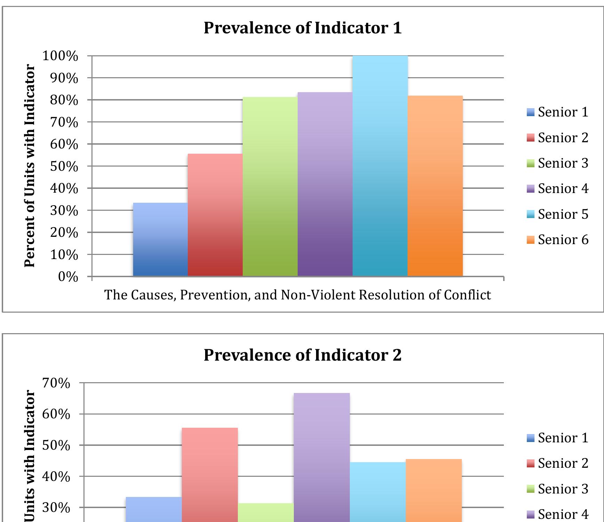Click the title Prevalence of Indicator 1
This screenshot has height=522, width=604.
303,28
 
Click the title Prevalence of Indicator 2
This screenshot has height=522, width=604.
303,355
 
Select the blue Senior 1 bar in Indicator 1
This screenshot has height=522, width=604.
160,240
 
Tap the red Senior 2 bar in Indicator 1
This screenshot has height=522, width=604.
215,216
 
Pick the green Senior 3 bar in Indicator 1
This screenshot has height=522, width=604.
270,188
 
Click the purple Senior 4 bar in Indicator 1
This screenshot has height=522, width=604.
325,184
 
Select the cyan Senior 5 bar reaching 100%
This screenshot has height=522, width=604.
380,167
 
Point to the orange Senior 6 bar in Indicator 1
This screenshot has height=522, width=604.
435,186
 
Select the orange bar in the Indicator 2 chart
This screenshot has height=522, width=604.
434,490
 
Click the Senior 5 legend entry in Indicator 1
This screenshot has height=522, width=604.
558,214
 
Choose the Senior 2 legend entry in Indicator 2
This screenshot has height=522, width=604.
558,463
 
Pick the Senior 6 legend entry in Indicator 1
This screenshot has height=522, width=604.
558,240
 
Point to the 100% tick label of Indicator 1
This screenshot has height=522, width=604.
60,56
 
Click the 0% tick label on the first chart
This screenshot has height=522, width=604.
68,277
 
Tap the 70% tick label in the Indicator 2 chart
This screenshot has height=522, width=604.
56,383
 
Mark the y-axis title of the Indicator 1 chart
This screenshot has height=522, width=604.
30,166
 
